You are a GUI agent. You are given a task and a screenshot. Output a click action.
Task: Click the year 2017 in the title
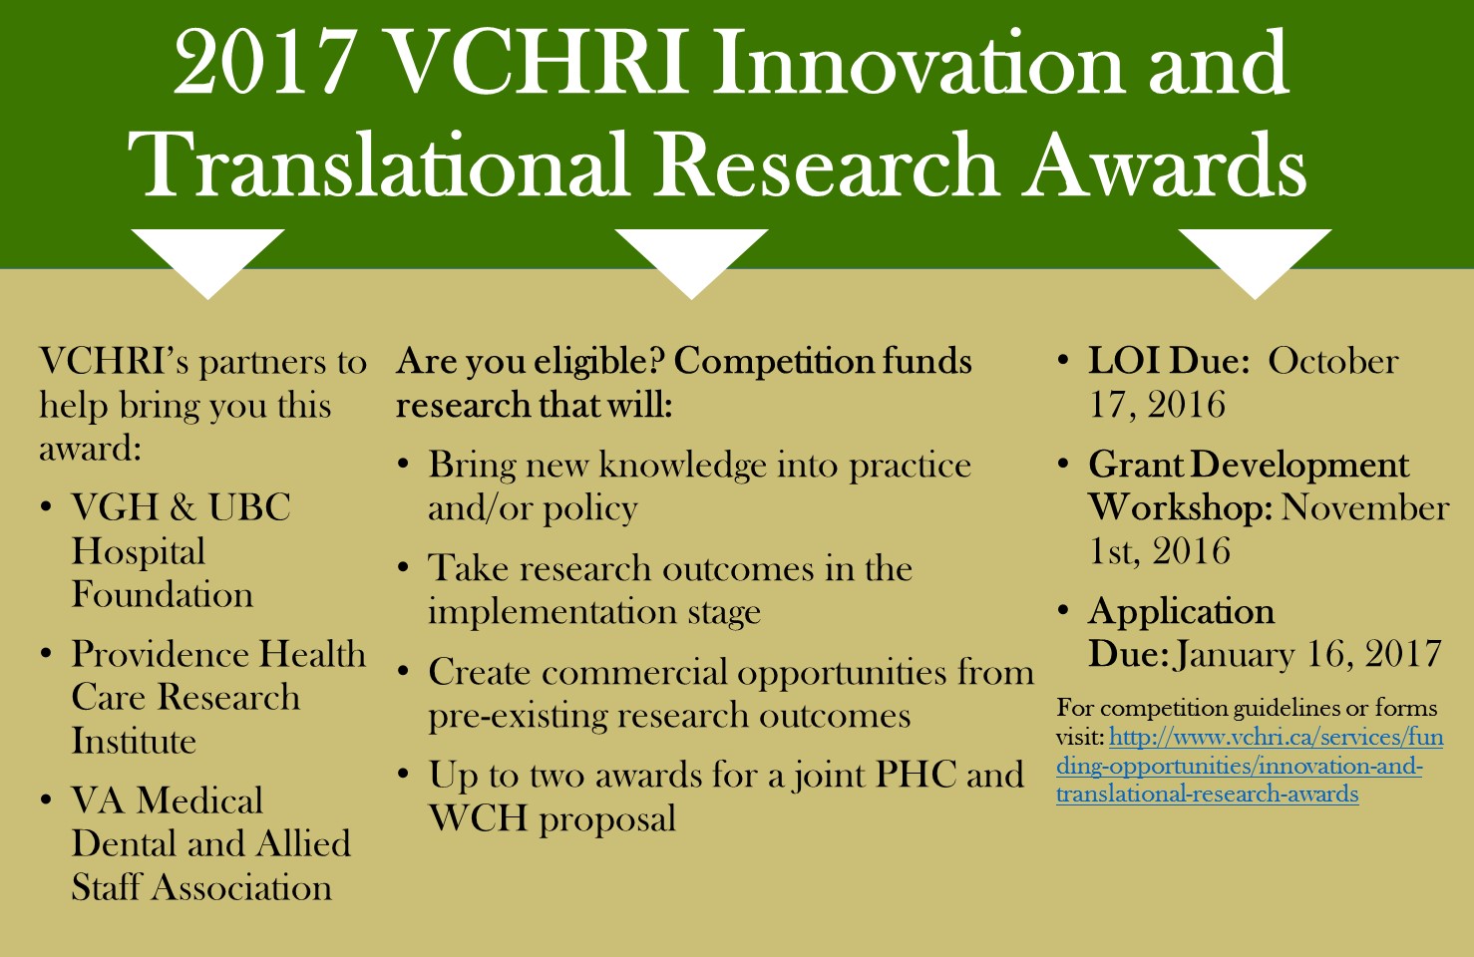[x=263, y=65]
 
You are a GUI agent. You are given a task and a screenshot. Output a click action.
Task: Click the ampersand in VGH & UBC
[x=182, y=507]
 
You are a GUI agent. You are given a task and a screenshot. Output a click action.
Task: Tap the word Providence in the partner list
[x=159, y=654]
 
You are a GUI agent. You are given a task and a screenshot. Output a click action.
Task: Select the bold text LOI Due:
[x=1169, y=361]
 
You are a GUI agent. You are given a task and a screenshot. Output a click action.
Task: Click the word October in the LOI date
[x=1333, y=361]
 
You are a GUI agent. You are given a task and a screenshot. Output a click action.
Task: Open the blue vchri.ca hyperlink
[x=1250, y=766]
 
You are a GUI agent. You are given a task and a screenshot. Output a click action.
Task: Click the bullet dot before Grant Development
[x=1063, y=464]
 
